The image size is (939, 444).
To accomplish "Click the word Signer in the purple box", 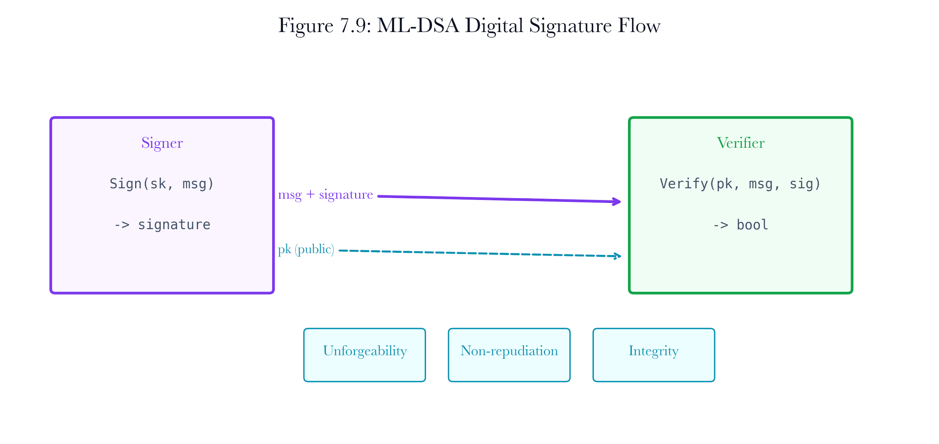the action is tap(162, 143).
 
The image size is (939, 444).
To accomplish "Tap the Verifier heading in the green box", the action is tap(740, 143).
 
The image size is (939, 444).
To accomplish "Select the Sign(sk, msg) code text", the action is tap(162, 184).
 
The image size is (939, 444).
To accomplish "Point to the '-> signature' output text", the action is tap(162, 225).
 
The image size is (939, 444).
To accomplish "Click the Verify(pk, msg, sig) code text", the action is tap(740, 184).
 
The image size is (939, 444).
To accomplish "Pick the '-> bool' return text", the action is tap(740, 225).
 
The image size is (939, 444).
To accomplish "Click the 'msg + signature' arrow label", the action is tap(325, 195).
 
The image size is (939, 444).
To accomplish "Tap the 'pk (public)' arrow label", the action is tap(306, 249).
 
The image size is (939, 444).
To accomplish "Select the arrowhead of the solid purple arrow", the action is tap(617, 202).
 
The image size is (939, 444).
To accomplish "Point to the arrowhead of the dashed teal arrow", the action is tap(617, 256).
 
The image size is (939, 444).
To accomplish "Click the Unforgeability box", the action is tap(364, 355).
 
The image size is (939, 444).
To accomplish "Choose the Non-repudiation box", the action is tap(509, 355).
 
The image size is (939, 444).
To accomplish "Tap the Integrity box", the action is tap(654, 355).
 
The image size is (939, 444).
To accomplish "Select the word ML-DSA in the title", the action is tap(418, 26).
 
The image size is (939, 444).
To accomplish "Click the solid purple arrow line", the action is tap(499, 199).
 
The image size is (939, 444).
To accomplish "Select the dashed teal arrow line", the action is tap(480, 253).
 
